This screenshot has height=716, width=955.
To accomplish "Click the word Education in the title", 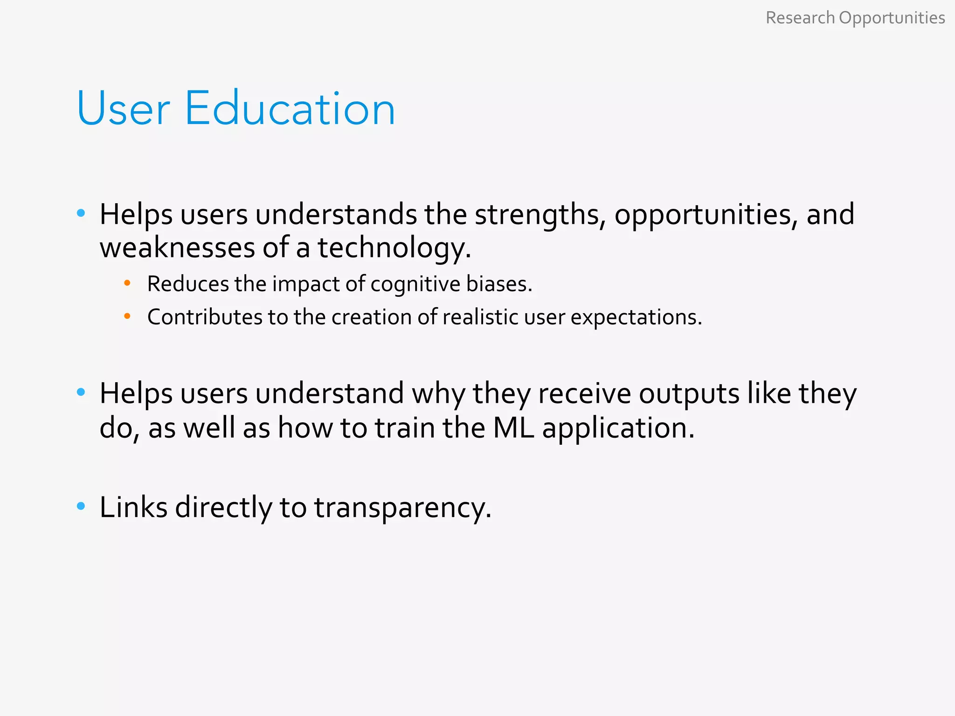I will click(290, 109).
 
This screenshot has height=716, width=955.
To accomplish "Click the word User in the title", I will click(123, 109).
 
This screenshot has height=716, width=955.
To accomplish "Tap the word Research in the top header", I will click(800, 18).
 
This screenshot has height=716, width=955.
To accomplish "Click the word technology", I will click(394, 248).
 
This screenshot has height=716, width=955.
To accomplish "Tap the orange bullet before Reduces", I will click(127, 283).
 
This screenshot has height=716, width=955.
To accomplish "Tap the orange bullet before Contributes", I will click(127, 317).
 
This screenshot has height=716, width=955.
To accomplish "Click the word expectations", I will click(636, 318).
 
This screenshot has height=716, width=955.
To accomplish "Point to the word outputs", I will click(689, 394).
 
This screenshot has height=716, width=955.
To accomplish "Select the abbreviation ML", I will click(513, 427).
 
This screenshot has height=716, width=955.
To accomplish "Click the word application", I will click(618, 428).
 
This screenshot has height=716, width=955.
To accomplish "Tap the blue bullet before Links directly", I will click(81, 506).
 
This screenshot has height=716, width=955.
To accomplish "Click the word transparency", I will click(402, 508).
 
